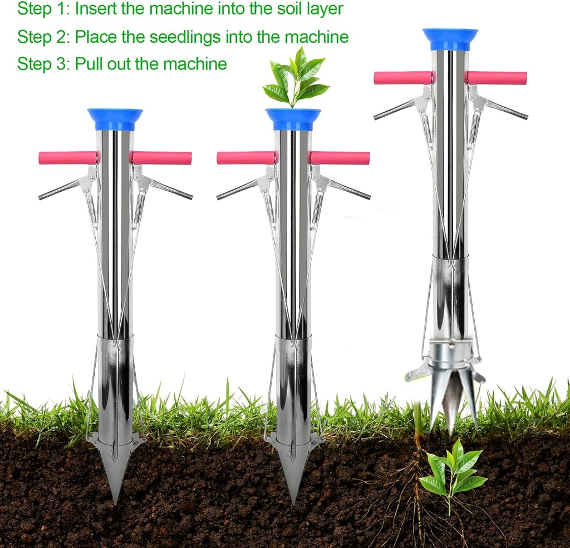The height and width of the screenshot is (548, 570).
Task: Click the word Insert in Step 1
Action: [x=95, y=9]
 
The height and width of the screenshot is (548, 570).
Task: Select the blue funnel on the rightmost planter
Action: [x=450, y=38]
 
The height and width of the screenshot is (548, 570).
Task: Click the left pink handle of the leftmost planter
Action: [x=67, y=158]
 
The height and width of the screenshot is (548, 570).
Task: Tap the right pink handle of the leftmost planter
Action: [x=162, y=158]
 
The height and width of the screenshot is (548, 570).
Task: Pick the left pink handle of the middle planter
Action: [x=245, y=158]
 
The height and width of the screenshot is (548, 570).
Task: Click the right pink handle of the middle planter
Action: [x=340, y=158]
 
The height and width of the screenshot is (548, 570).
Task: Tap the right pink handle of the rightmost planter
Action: [x=497, y=78]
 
